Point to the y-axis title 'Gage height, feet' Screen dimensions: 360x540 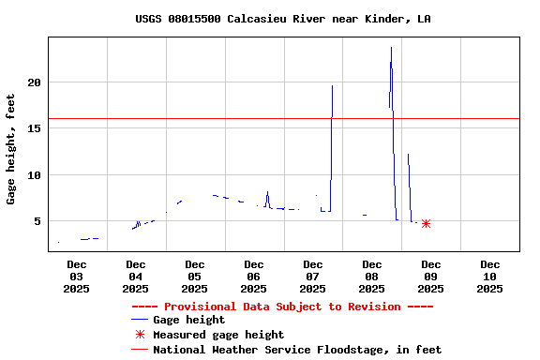pyautogui.click(x=11, y=149)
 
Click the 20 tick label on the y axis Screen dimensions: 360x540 pyautogui.click(x=34, y=82)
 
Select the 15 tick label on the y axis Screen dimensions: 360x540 pyautogui.click(x=34, y=128)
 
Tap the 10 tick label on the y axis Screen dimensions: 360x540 pyautogui.click(x=34, y=175)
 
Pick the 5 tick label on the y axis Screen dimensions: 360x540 pyautogui.click(x=37, y=221)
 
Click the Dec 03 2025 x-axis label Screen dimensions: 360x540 pyautogui.click(x=76, y=277)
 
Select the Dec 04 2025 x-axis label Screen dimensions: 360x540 pyautogui.click(x=135, y=277)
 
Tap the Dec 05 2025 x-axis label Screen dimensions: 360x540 pyautogui.click(x=194, y=277)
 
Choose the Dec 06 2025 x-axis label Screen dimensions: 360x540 pyautogui.click(x=253, y=277)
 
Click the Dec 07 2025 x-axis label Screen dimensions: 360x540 pyautogui.click(x=312, y=277)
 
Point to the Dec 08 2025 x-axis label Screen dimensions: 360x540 pyautogui.click(x=371, y=277)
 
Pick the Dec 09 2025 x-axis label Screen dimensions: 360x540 pyautogui.click(x=430, y=277)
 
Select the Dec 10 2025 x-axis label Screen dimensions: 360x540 pyautogui.click(x=489, y=277)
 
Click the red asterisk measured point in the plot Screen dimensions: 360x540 pyautogui.click(x=426, y=223)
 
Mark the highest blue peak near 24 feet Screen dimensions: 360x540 pyautogui.click(x=391, y=48)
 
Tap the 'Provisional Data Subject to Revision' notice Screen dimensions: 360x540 pyautogui.click(x=282, y=307)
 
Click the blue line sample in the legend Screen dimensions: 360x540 pyautogui.click(x=140, y=321)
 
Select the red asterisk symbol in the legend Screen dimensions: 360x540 pyautogui.click(x=140, y=335)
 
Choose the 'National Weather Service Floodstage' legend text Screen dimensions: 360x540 pyautogui.click(x=297, y=350)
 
